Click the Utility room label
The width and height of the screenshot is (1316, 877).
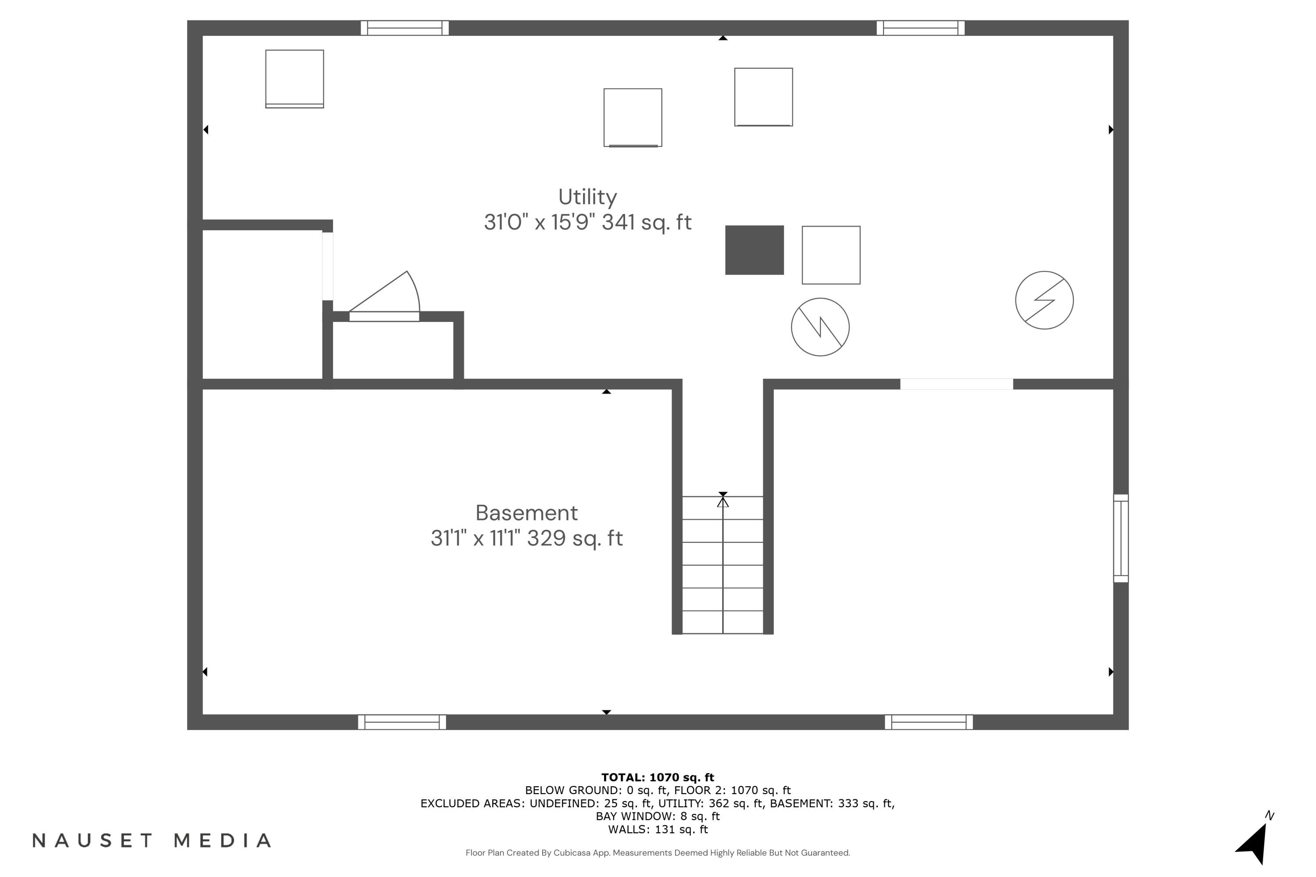point(587,197)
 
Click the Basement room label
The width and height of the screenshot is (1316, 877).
point(526,513)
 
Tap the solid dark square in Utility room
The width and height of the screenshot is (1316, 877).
point(754,250)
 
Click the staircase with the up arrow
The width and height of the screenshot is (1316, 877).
point(722,564)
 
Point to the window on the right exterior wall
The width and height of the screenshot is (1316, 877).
point(1120,538)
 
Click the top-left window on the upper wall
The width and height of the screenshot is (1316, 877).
point(404,28)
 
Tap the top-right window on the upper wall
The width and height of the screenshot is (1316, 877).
point(920,28)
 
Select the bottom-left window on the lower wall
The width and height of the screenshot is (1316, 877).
point(402,722)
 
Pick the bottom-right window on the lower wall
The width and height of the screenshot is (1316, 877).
point(928,722)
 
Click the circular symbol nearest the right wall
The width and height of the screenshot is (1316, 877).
point(1044,300)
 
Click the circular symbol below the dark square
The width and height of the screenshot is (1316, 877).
point(820,327)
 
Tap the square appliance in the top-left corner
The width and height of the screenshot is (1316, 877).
point(294,79)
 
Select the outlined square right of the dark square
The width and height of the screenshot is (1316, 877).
point(831,255)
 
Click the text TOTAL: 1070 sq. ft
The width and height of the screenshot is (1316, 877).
point(658,777)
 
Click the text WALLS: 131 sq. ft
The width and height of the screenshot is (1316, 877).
point(658,830)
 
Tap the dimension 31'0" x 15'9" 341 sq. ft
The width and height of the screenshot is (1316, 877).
point(587,223)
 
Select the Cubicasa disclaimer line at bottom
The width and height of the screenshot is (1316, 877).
point(658,853)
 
